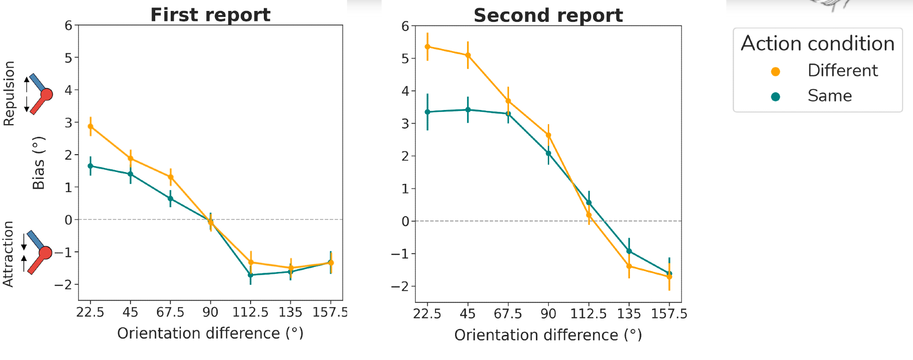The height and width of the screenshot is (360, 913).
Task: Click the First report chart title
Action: (x=210, y=15)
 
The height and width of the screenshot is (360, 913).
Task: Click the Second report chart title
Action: (x=548, y=16)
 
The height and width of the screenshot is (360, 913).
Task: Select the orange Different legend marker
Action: (x=775, y=72)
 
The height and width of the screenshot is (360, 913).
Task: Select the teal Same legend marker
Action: (x=775, y=97)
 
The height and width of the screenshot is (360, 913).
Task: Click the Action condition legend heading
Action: (x=817, y=44)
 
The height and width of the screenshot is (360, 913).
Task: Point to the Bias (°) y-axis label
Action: (x=39, y=163)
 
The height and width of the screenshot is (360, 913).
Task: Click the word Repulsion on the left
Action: (x=9, y=94)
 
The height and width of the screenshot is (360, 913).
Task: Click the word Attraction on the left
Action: (x=8, y=254)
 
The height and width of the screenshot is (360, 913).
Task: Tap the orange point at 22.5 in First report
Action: (x=90, y=126)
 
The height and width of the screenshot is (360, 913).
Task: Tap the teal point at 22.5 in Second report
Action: (x=427, y=112)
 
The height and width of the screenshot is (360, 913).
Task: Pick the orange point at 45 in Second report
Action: (x=468, y=55)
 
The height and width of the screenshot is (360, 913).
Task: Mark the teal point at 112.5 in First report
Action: (x=251, y=275)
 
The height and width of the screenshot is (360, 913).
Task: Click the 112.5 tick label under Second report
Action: (x=588, y=314)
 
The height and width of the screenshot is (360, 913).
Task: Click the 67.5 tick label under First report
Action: (x=170, y=313)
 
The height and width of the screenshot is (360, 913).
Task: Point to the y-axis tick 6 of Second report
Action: (x=405, y=26)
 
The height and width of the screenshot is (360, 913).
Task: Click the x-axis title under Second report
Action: (x=548, y=335)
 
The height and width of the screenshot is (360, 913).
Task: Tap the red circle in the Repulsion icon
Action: (x=47, y=94)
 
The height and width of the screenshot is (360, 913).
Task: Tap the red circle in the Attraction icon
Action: (x=45, y=253)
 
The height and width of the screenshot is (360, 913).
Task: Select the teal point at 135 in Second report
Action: (x=629, y=251)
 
